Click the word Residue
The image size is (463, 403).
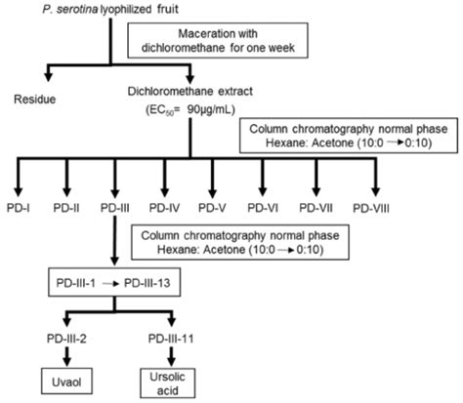pyautogui.click(x=32, y=99)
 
